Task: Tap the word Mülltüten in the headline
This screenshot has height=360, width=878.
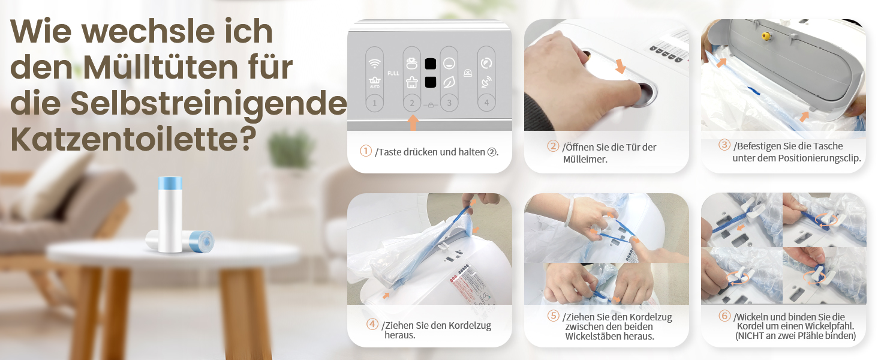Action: coord(161,67)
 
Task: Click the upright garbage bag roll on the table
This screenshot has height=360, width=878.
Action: coord(170,215)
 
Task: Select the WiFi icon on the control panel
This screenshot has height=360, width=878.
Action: coord(375,63)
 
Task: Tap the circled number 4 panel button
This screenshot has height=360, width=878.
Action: coord(486,103)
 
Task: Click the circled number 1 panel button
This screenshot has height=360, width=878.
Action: coord(374,103)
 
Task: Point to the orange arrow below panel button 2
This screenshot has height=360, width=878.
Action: coord(413,122)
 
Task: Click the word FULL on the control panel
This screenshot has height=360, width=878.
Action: coord(393,73)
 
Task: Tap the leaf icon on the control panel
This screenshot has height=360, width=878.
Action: coord(449,82)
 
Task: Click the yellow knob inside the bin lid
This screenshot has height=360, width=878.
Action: coord(765,37)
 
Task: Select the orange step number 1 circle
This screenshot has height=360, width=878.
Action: coord(366,151)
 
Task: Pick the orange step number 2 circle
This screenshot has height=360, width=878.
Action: coord(553,146)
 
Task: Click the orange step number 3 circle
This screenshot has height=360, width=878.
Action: coord(724,145)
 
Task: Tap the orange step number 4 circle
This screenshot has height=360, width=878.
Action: coord(372,324)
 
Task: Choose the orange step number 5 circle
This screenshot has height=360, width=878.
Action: coord(553,315)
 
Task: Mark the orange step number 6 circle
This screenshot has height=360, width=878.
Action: coord(724,315)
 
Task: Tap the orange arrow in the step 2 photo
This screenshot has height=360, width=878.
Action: coord(620,66)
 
